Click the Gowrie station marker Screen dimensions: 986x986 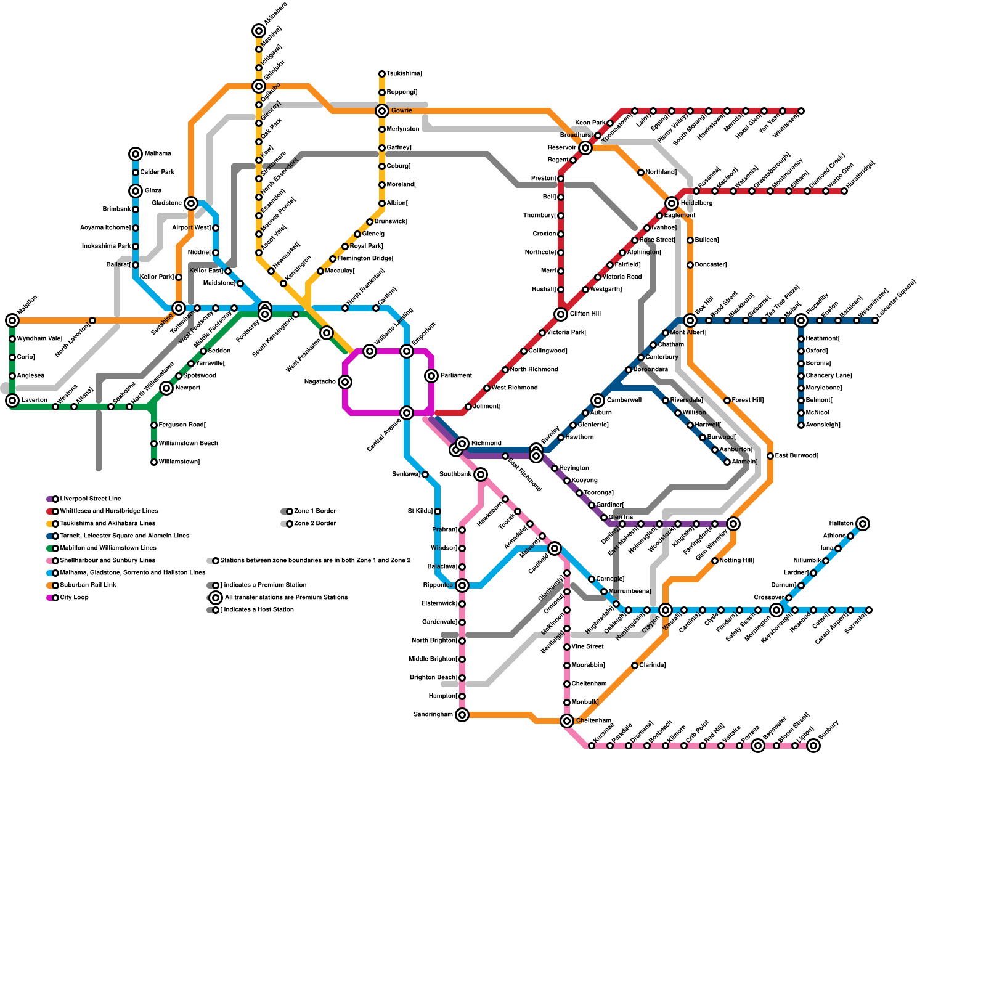382,111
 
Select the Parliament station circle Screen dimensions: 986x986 431,376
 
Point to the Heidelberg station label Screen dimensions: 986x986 696,203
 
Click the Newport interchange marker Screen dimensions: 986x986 166,388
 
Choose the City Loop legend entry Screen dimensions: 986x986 74,598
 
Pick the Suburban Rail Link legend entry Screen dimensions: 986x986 88,585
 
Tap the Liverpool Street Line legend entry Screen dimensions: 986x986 90,499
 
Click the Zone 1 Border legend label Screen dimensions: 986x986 315,511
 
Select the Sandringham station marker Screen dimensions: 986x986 462,715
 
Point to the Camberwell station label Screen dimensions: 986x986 624,401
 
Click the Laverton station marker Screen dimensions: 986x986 12,401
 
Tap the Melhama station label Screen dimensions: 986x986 158,154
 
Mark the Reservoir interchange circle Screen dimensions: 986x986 585,148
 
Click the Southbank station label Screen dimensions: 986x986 455,475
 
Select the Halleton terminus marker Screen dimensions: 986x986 863,524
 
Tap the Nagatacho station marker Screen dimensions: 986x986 345,382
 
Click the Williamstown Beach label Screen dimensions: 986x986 188,444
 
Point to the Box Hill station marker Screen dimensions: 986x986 690,320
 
